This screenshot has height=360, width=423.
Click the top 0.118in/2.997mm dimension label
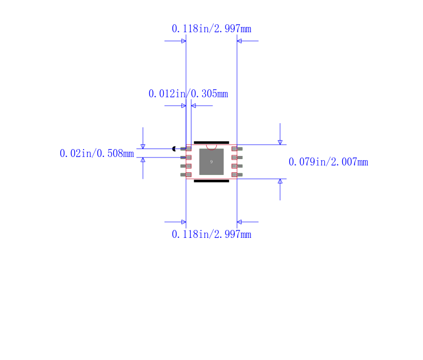tap(211, 29)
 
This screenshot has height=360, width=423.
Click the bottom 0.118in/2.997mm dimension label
tap(211, 234)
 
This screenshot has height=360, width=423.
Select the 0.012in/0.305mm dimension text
tap(188, 94)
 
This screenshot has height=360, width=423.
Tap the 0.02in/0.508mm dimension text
tap(96, 153)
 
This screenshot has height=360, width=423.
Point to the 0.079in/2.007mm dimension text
tap(328, 162)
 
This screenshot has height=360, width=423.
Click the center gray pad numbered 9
tap(212, 162)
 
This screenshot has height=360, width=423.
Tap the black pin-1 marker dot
tap(174, 149)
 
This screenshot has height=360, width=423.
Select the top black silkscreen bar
tap(212, 143)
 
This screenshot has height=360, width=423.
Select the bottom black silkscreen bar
tap(212, 181)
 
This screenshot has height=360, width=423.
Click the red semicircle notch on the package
tap(212, 147)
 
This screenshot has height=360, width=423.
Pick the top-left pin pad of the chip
tap(186, 149)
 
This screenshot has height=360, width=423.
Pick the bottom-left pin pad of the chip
tap(186, 174)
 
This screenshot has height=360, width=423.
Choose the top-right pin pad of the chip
tap(237, 149)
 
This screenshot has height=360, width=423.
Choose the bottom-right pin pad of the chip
tap(237, 174)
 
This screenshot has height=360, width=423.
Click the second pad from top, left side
tap(186, 158)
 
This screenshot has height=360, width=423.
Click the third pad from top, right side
tap(237, 166)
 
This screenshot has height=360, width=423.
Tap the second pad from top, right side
tap(237, 158)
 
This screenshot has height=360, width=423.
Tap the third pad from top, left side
tap(186, 166)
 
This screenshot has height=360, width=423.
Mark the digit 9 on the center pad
tap(212, 162)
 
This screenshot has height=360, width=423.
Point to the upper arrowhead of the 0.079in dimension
tap(280, 142)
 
